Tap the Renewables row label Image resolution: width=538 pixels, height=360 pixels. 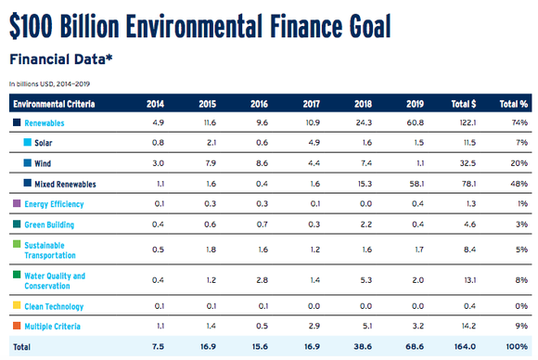44,122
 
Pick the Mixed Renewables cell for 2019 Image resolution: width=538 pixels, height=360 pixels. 414,184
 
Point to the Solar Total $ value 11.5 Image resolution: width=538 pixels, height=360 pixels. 467,143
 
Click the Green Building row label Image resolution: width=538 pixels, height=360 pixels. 49,225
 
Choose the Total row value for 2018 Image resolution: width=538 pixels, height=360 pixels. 361,347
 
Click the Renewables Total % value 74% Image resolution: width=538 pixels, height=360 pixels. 519,122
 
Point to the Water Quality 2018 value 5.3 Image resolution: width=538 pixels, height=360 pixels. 363,280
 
